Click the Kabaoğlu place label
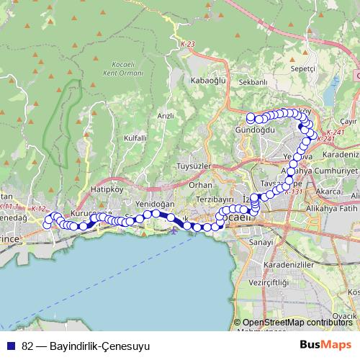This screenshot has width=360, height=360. click(210, 81)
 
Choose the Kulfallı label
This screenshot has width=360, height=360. click(135, 138)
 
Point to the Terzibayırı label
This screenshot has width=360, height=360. click(216, 199)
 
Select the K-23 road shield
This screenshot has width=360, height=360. click(188, 45)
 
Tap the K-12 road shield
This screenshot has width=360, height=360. click(38, 209)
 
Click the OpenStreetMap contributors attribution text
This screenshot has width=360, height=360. click(297, 322)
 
